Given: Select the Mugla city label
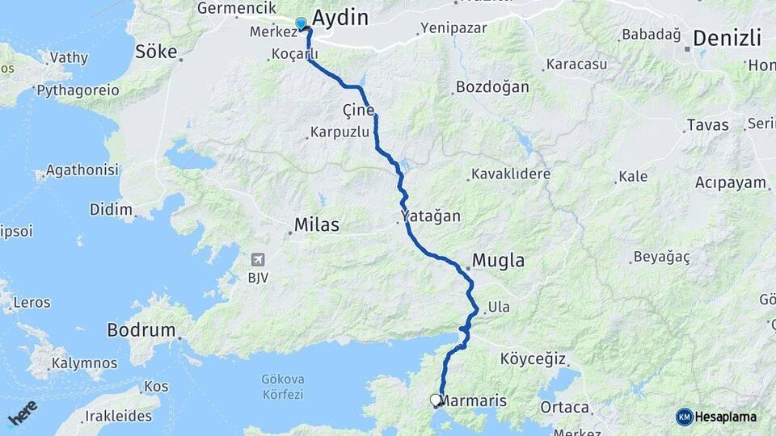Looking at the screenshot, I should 498,261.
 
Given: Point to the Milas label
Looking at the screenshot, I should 316,224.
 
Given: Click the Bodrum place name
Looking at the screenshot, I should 141,330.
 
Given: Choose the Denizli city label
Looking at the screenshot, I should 727,38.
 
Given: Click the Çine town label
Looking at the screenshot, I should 358,110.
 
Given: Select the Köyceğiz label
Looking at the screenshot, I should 533,358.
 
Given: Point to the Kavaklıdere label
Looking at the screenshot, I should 510,174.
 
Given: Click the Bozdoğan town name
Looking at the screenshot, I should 492,86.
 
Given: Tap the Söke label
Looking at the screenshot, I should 156,52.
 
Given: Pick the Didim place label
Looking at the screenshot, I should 112,210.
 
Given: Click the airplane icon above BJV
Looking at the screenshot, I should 258,260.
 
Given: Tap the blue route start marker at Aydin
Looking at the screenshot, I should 301,23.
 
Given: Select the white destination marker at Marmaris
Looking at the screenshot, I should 436,399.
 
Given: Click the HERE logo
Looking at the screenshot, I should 22,413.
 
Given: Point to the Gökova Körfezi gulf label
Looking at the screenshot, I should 282,386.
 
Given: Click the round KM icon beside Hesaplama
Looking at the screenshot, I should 684,417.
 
